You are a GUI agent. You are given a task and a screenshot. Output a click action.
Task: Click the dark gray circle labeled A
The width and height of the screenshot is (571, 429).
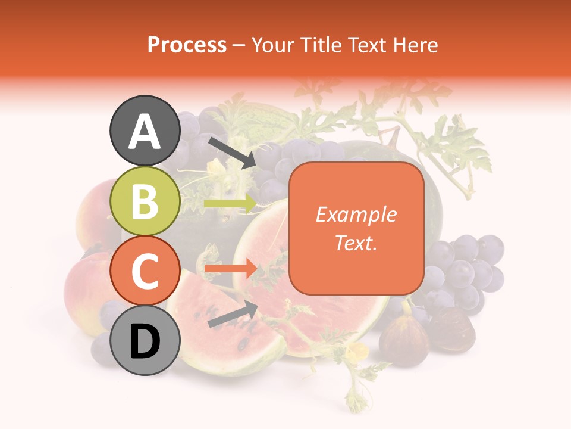click(145, 131)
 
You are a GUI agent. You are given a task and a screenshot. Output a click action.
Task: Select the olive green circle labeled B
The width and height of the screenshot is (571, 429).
click(145, 201)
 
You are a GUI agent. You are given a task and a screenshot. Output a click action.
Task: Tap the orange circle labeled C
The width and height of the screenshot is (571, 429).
click(145, 271)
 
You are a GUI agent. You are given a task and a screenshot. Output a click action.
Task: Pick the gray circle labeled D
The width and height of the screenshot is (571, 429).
click(145, 340)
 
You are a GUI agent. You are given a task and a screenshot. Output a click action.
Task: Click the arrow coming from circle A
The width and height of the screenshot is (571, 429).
click(231, 153)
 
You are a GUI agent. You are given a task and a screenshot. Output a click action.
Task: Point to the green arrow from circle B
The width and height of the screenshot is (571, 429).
click(230, 204)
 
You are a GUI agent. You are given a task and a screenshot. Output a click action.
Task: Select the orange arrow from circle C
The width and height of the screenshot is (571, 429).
click(230, 269)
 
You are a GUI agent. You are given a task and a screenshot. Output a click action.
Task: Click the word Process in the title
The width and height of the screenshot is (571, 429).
click(187, 45)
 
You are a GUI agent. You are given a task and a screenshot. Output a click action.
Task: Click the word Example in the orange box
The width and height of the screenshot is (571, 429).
click(356, 214)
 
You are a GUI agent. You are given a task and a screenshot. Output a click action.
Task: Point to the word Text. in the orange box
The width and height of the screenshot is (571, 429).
click(356, 243)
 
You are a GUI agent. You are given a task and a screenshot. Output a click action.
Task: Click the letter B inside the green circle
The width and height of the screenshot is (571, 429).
click(145, 201)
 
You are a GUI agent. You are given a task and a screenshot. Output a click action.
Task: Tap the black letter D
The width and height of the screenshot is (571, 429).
click(145, 341)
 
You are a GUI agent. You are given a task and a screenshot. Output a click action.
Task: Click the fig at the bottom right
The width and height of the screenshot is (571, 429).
click(404, 340)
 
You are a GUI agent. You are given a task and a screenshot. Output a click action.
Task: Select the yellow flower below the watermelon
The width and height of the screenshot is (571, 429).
click(357, 352)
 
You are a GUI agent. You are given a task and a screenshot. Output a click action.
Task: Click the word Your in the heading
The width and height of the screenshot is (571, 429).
click(272, 45)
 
